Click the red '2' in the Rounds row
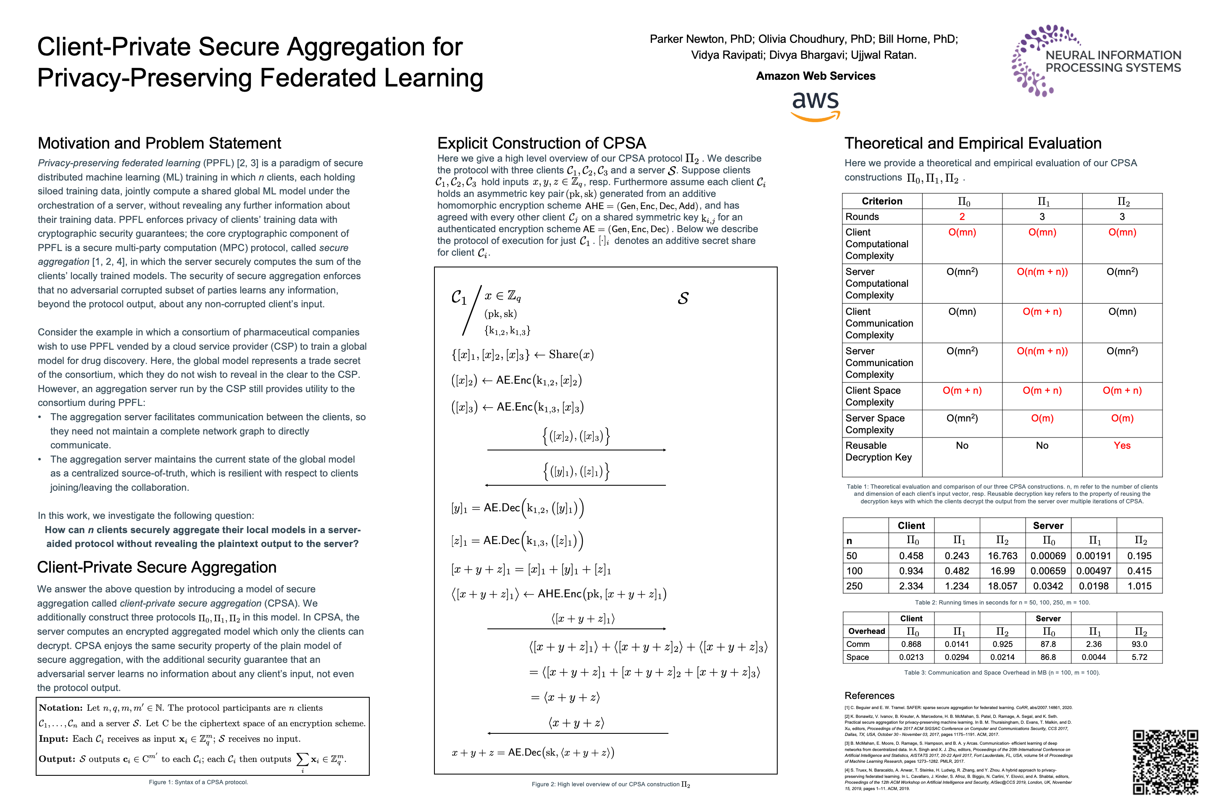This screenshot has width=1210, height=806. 962,217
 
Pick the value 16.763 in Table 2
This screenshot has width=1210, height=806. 1002,556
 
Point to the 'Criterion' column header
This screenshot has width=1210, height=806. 882,201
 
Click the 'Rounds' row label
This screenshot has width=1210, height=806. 862,217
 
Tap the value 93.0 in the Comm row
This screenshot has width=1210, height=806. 1139,644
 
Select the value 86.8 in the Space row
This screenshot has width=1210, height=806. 1048,657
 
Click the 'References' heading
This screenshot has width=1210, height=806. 869,696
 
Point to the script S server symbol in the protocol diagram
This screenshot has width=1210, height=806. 683,298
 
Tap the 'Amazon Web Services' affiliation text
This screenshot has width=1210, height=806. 815,76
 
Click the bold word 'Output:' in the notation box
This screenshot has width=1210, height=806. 57,759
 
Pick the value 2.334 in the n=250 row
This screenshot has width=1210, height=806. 911,586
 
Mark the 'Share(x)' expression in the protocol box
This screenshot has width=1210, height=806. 571,354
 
